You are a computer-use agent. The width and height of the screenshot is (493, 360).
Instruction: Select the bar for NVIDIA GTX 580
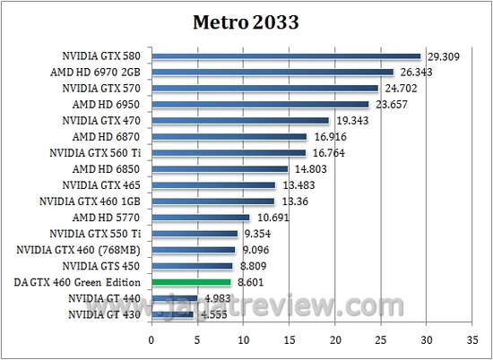286,56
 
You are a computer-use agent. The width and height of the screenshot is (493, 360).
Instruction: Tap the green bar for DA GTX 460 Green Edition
191,282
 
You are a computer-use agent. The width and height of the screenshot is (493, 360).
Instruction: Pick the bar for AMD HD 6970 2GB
272,73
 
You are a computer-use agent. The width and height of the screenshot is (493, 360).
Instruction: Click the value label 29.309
440,56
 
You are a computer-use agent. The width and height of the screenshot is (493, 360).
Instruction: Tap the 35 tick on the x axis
472,339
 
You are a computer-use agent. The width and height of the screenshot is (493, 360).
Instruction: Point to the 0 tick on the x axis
151,339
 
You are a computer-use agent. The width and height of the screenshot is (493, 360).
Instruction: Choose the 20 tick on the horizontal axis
335,339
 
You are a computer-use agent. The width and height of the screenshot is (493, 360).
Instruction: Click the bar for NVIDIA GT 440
174,298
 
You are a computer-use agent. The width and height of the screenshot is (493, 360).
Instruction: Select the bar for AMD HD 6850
220,169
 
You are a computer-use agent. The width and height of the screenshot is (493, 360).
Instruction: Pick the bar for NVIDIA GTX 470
240,121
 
